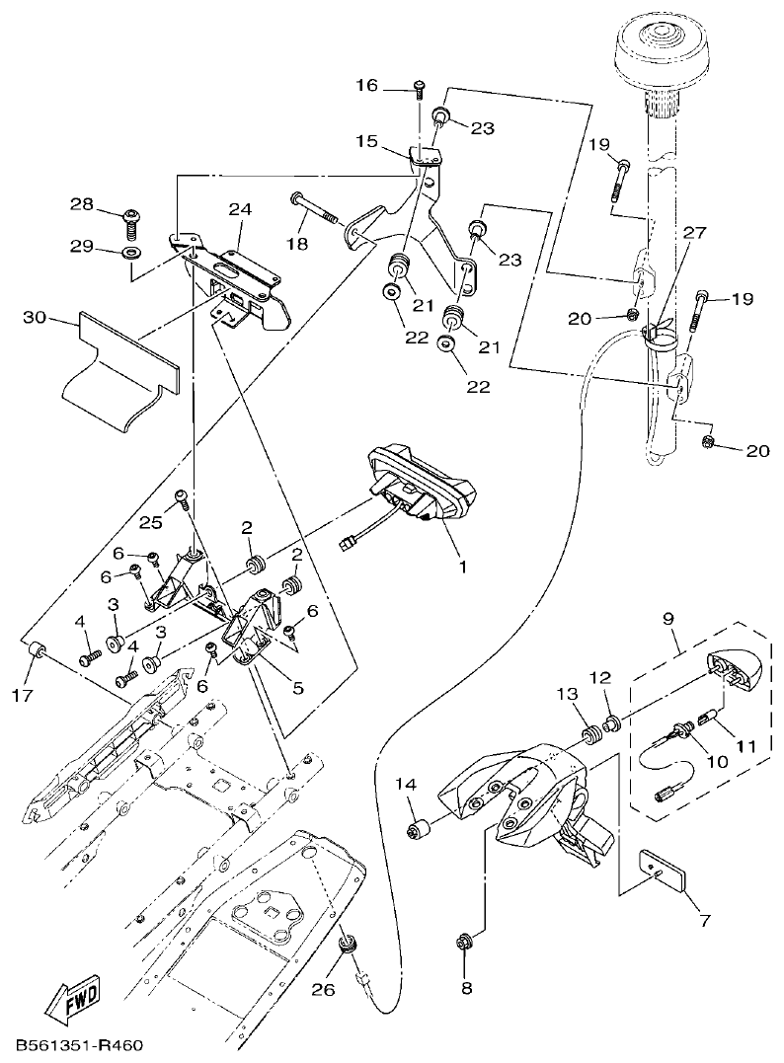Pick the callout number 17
(23, 694)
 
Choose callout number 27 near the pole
(695, 233)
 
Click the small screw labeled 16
(420, 88)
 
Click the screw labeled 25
(182, 499)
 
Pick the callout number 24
(240, 209)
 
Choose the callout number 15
(367, 142)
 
